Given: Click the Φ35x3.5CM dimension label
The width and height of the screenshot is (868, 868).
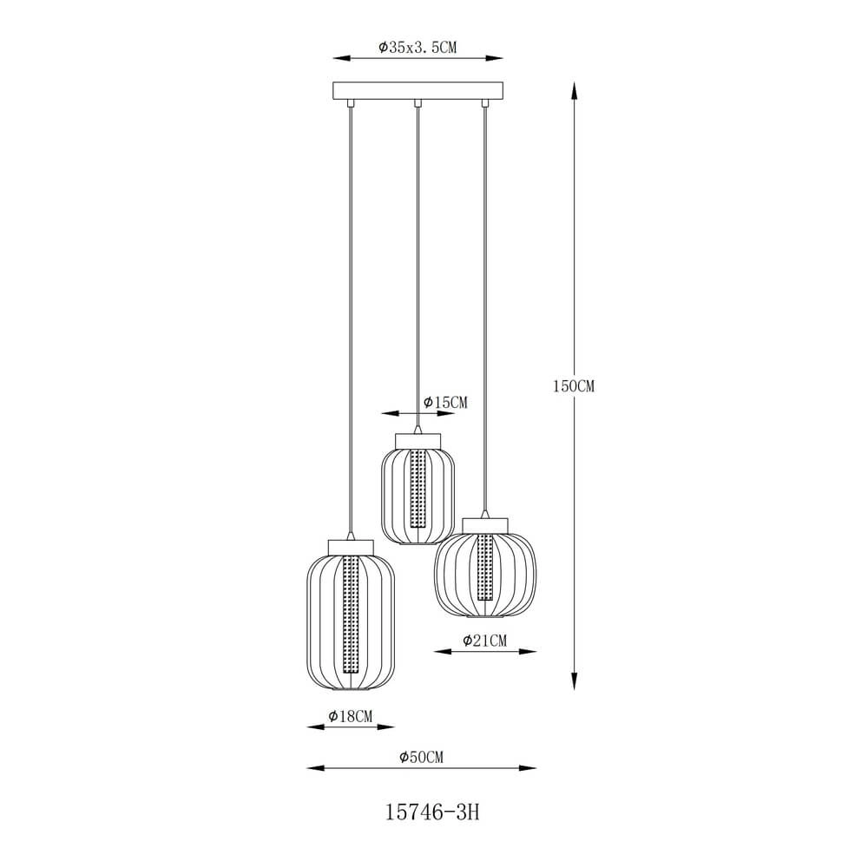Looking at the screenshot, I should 418,48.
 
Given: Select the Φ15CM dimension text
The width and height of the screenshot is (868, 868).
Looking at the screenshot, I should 445,403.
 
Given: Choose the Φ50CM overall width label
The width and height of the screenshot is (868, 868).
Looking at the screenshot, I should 422,757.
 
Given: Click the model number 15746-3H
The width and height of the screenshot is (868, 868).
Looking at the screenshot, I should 431,812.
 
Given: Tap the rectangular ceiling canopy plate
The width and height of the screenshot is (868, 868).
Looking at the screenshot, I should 418,91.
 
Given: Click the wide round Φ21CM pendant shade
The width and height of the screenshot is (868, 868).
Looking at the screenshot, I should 485,574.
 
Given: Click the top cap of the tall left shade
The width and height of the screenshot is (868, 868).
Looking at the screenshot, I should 352,546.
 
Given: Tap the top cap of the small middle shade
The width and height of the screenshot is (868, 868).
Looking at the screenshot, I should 418,441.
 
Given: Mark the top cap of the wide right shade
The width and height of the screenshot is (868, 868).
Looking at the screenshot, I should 485,524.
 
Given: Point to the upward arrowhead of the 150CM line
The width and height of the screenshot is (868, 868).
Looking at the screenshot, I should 574,88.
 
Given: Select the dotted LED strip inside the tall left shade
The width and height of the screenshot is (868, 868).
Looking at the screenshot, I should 352,616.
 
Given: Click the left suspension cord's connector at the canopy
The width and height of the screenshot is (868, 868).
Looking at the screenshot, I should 351,104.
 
